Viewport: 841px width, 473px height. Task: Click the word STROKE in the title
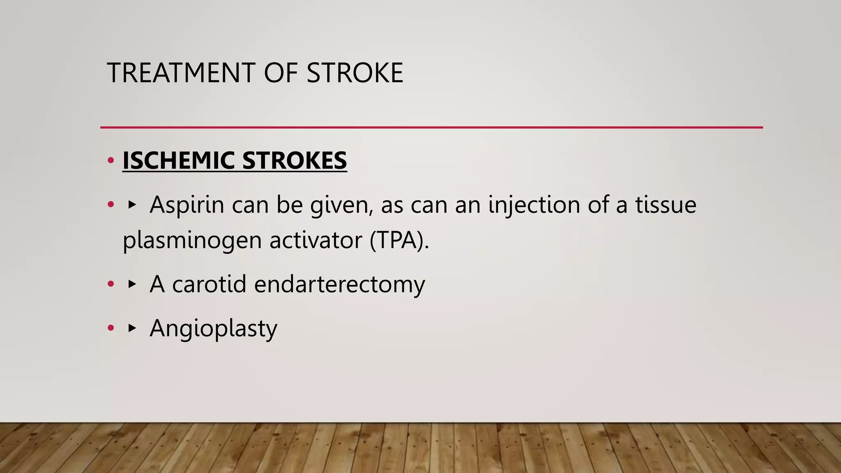pos(355,73)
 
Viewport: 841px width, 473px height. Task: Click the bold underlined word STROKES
pos(294,160)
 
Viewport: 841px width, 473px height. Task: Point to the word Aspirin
pos(187,204)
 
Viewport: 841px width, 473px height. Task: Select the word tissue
pos(666,204)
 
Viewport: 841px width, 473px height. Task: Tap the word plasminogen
pos(192,241)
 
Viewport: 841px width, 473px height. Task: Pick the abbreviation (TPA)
pos(399,240)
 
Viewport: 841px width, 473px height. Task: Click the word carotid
pos(209,284)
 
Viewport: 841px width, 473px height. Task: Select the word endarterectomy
pos(339,285)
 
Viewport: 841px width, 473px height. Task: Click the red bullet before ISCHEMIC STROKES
pos(110,161)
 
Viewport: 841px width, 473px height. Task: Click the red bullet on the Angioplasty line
pos(110,328)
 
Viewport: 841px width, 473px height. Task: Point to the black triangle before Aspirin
pos(132,204)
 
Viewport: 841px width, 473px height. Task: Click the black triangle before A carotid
pos(132,284)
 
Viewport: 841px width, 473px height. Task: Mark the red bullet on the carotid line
pos(110,284)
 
